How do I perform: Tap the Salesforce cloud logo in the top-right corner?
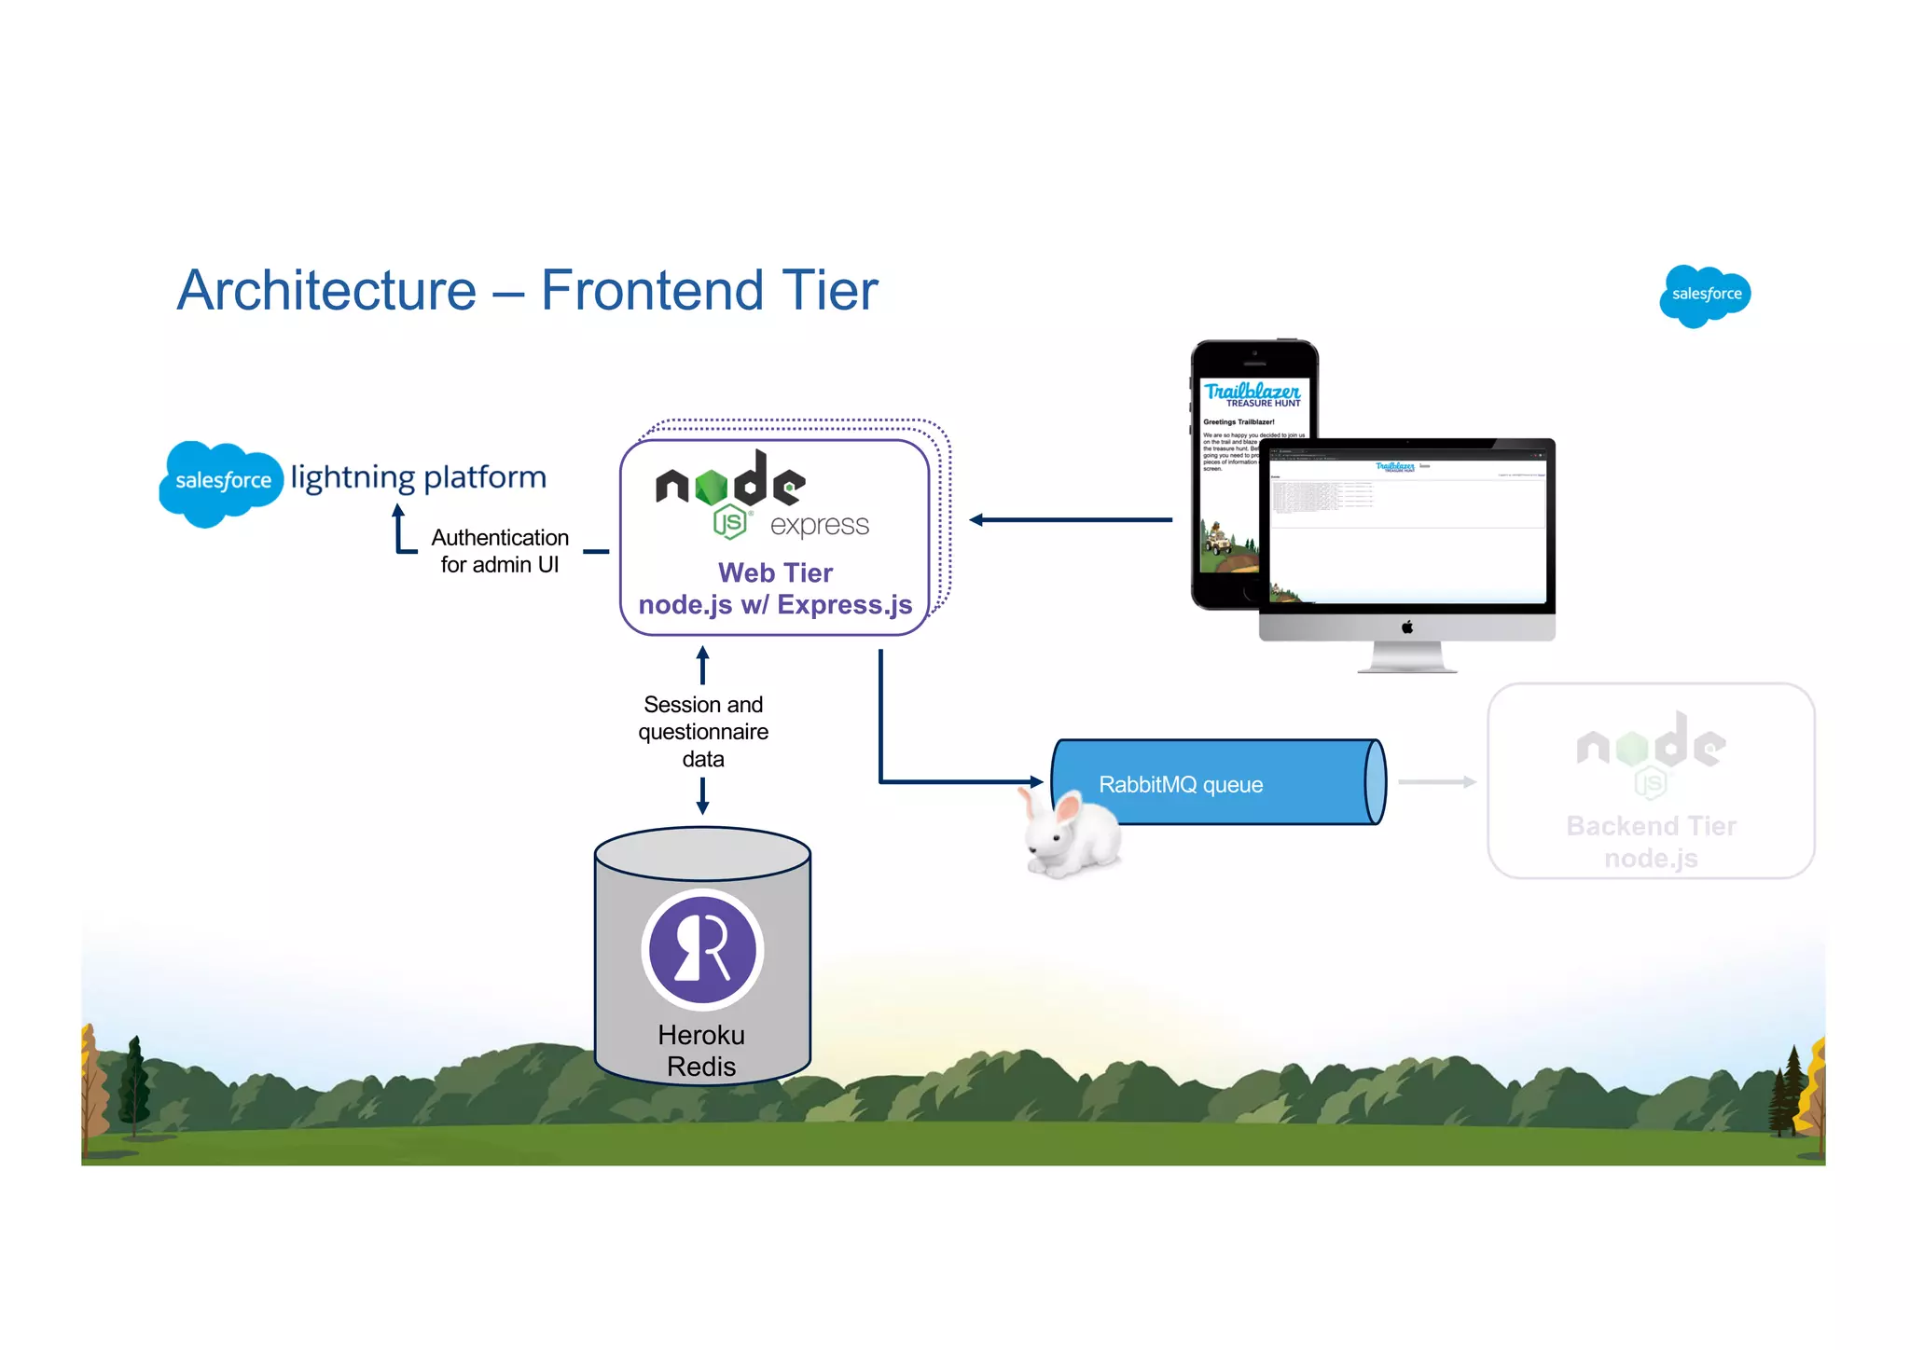click(1705, 295)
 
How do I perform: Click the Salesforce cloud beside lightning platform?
click(221, 481)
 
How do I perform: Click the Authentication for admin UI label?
click(500, 551)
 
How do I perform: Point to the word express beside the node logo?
click(819, 525)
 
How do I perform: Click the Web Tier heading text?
click(775, 572)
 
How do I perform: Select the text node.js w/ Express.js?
click(775, 605)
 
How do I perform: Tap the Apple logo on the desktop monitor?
click(1406, 627)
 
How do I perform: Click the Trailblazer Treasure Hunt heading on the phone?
click(1253, 394)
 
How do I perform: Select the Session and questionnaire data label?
click(703, 732)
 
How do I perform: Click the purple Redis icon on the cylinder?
click(702, 949)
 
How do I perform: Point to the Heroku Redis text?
click(701, 1051)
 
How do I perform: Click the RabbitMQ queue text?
click(1181, 785)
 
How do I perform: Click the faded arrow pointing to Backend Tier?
click(1436, 782)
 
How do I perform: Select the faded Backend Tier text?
click(1651, 826)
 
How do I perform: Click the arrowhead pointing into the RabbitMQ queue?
click(1036, 782)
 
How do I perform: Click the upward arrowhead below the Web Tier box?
click(703, 654)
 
